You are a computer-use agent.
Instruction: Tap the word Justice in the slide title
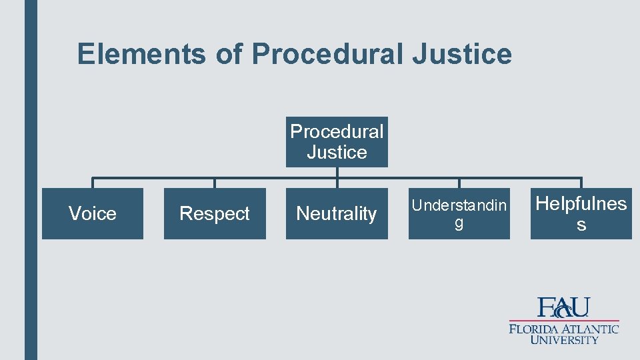[x=461, y=54]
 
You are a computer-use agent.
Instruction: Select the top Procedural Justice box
[x=337, y=142]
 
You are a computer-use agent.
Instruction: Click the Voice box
[x=93, y=213]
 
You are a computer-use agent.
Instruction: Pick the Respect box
[x=215, y=213]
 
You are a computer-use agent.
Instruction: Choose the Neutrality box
[x=337, y=213]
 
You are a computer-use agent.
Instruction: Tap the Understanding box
[x=459, y=213]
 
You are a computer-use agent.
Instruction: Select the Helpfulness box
[x=581, y=213]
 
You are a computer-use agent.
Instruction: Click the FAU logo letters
[x=564, y=307]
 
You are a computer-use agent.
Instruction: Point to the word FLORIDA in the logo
[x=534, y=329]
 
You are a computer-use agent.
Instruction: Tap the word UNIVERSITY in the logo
[x=564, y=340]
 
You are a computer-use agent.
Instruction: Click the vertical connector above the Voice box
[x=93, y=183]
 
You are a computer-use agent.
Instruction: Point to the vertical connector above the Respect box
[x=215, y=183]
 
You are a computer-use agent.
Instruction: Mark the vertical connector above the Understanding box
[x=459, y=183]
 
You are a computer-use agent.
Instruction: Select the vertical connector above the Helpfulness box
[x=581, y=183]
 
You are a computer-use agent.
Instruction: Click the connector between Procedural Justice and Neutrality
[x=337, y=177]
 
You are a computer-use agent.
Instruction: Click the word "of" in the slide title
[x=229, y=54]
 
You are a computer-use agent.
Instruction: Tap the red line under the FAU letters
[x=564, y=321]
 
